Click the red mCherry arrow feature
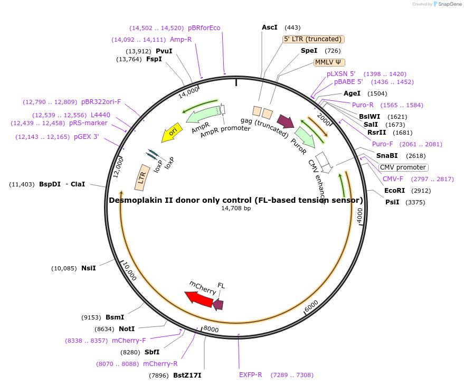click(x=198, y=298)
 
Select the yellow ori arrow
click(x=171, y=134)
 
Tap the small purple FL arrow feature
click(x=217, y=304)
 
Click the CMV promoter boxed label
click(x=403, y=167)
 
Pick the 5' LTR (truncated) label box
click(x=314, y=39)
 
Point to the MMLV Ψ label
click(x=329, y=62)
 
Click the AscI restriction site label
click(x=269, y=27)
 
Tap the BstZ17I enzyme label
click(x=187, y=375)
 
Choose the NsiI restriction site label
click(x=89, y=268)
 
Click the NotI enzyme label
click(x=127, y=329)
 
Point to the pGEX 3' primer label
click(x=87, y=137)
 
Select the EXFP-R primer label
click(x=250, y=375)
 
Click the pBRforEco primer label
click(x=204, y=28)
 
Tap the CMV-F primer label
click(x=393, y=179)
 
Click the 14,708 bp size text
click(x=235, y=209)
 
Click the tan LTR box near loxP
click(x=142, y=177)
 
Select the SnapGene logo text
click(x=448, y=4)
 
